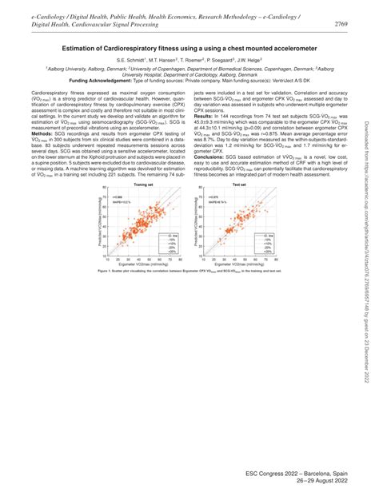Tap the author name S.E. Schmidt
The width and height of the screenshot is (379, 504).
[131, 60]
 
